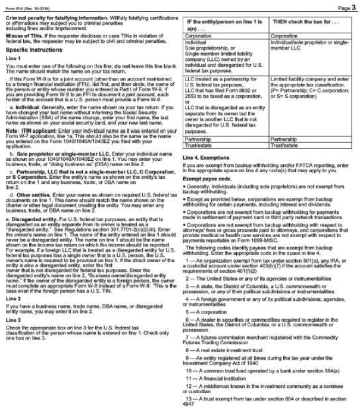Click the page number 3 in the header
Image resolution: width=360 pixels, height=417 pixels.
pos(353,7)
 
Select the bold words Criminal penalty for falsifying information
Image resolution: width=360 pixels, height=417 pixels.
pos(54,18)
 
